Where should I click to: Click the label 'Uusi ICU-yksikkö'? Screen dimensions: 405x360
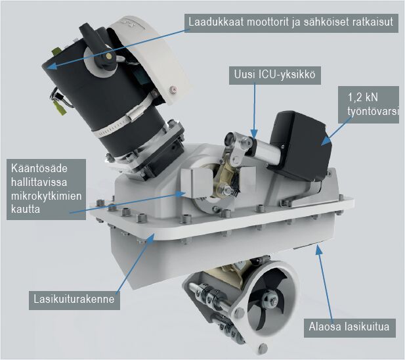coord(275,75)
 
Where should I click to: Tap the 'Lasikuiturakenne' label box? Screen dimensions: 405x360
coord(74,300)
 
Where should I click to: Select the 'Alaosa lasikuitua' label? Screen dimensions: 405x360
coord(349,327)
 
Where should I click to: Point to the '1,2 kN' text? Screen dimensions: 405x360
coord(362,98)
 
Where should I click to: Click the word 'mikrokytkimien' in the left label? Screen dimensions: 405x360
coord(46,196)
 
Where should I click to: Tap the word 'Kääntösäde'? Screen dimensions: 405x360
coord(39,168)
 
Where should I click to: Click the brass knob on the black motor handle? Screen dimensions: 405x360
coord(109,55)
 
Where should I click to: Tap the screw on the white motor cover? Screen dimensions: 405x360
coord(173,89)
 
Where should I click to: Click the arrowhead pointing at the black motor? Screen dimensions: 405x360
coord(52,66)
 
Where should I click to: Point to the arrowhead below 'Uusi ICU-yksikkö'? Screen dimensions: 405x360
coord(255,134)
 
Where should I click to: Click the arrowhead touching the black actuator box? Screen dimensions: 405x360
coord(326,141)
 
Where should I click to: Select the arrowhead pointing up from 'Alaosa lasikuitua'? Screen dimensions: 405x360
coord(319,249)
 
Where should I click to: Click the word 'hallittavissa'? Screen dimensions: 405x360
coord(39,182)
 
